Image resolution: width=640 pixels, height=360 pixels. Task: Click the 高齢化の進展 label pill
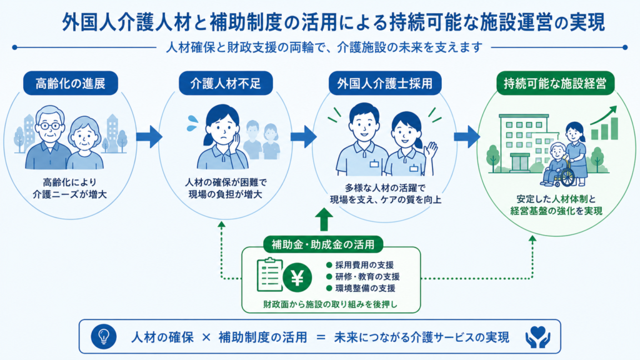tap(71, 83)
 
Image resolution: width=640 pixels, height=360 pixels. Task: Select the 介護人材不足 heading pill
tap(226, 83)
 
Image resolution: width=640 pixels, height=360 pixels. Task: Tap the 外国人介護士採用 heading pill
tap(385, 83)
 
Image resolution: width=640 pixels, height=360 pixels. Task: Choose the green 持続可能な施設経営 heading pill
tap(555, 83)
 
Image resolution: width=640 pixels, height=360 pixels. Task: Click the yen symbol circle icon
tap(297, 278)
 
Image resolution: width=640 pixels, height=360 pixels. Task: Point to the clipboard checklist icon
tap(269, 274)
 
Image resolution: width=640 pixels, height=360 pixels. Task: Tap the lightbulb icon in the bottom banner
tap(104, 337)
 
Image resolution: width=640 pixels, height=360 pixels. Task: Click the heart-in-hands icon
tap(537, 337)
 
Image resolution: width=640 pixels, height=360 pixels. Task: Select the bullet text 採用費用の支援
tap(364, 265)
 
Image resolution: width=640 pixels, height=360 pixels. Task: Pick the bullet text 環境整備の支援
tap(365, 288)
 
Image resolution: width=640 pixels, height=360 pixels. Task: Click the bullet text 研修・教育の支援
tap(367, 277)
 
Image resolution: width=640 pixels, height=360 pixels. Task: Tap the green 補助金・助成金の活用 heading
tap(323, 244)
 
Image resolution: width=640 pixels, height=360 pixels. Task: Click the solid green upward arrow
tap(324, 219)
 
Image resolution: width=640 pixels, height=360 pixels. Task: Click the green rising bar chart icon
tap(604, 123)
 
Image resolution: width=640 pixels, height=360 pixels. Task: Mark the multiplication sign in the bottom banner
tap(206, 337)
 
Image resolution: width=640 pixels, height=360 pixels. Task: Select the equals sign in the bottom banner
tap(321, 337)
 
